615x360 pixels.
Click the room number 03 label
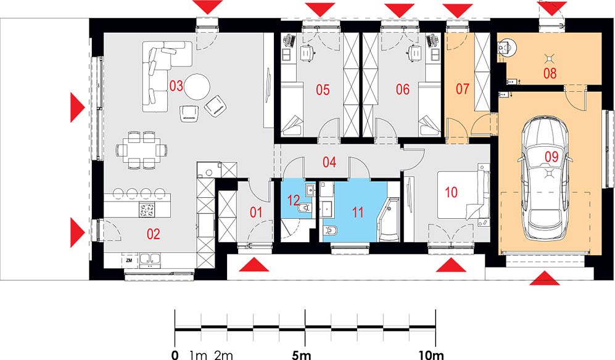[176, 86]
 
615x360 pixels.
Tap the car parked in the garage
[545, 178]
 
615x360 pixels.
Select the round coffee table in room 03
[197, 87]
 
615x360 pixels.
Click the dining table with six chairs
[142, 150]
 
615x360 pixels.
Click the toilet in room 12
[305, 208]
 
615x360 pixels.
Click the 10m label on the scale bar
[431, 355]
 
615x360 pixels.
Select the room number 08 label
[550, 73]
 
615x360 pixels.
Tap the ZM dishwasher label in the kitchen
[129, 260]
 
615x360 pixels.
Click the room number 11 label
[357, 212]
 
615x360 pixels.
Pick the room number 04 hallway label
[329, 162]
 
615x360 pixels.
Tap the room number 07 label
[462, 89]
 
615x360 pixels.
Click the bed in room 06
[429, 108]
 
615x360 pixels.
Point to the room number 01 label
[256, 212]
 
